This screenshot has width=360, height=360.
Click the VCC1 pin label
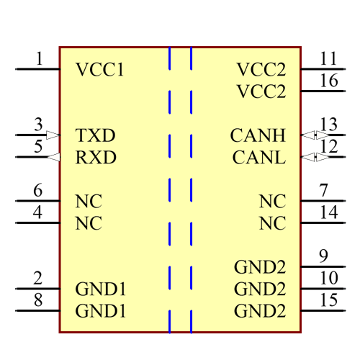100,70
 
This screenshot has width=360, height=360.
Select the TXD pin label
96,135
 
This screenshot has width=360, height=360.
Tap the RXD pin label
96,157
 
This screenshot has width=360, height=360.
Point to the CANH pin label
258,135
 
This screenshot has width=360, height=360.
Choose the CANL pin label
258,157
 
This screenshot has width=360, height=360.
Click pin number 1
39,58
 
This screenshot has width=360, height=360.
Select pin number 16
329,80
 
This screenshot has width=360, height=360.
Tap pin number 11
328,58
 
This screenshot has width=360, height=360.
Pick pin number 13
329,125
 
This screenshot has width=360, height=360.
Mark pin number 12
329,146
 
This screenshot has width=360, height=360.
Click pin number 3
38,125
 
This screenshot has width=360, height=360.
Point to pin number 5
38,146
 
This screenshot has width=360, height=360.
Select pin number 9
323,256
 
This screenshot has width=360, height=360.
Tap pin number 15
329,300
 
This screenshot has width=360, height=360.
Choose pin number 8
38,300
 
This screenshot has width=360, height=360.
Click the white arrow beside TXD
53,135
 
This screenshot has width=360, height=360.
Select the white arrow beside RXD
53,157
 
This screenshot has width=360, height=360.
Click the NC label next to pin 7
272,202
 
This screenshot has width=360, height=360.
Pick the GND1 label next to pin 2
101,289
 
